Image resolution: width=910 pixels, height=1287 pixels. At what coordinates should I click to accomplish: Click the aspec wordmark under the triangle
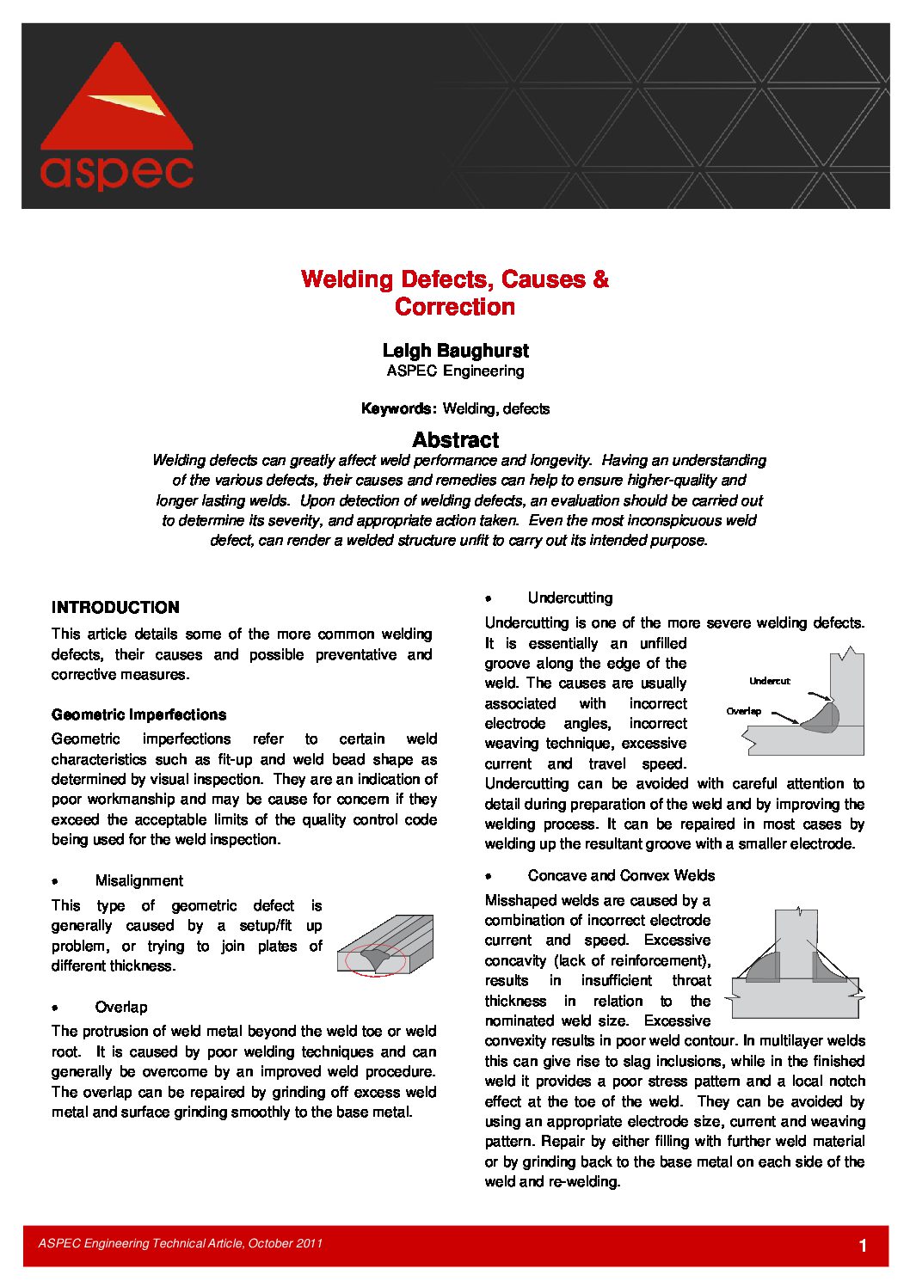point(117,172)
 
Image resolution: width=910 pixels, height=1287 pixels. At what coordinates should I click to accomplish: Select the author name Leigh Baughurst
point(455,351)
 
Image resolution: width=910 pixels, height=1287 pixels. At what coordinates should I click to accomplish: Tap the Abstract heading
point(455,440)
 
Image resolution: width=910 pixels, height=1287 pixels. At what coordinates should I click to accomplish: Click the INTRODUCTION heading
point(115,608)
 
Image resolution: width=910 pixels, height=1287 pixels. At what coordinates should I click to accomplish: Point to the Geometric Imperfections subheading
point(138,714)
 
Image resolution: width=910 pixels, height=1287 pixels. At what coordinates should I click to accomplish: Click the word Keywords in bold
point(397,409)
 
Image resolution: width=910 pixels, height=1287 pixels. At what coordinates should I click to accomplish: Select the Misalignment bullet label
point(139,880)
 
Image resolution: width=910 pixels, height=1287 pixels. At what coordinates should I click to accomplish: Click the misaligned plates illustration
point(384,946)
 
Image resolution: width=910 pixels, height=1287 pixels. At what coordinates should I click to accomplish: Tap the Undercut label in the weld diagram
point(769,681)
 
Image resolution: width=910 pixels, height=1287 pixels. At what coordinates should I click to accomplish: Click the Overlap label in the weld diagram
point(743,711)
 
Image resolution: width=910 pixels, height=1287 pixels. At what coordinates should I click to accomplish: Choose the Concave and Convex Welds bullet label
point(621,875)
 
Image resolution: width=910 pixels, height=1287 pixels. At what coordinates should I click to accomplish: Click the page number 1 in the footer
point(863,1246)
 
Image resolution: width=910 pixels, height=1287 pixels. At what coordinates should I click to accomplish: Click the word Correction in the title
point(455,307)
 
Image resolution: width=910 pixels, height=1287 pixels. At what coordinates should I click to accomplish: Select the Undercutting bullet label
point(570,598)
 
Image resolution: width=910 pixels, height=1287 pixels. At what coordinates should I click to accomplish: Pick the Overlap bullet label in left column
point(121,1007)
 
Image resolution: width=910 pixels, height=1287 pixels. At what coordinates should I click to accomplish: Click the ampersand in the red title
point(600,279)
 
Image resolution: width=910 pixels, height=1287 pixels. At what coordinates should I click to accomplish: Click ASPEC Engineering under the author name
point(455,371)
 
